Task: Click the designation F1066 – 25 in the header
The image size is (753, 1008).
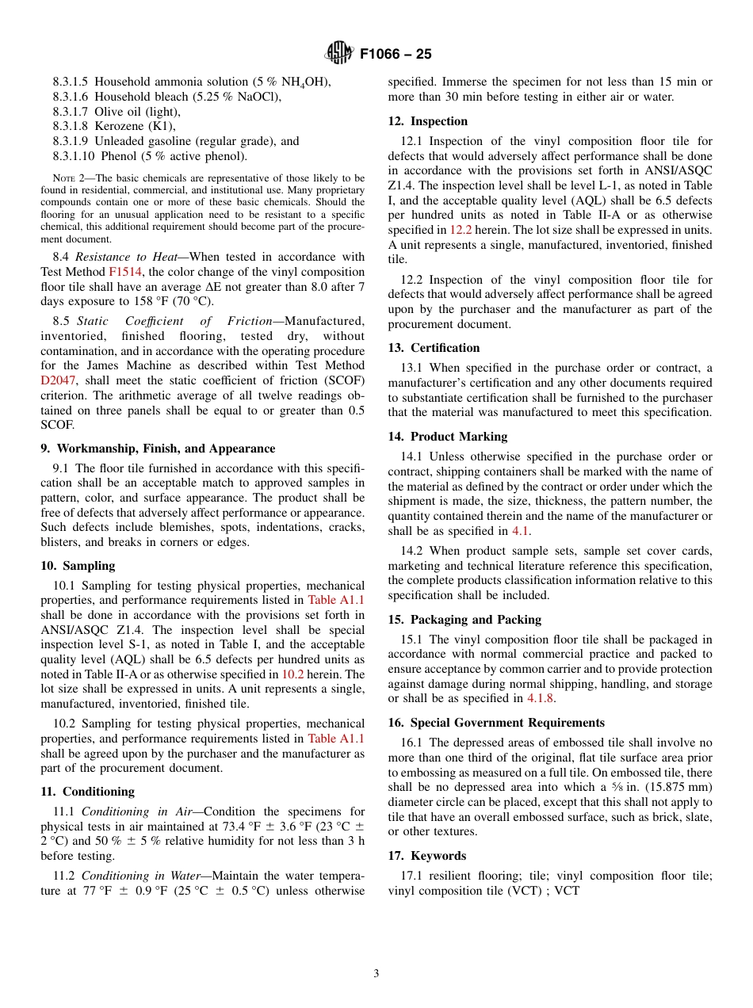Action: click(x=396, y=55)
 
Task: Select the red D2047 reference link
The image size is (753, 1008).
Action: click(x=58, y=380)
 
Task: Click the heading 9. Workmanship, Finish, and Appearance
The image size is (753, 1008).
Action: click(x=158, y=449)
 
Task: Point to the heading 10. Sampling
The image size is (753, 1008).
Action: click(x=78, y=566)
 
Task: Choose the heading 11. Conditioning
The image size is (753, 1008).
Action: click(x=87, y=792)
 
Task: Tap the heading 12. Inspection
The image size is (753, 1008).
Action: click(x=427, y=121)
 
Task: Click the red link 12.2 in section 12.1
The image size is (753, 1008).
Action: click(x=461, y=230)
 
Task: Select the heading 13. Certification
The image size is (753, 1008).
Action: click(x=434, y=348)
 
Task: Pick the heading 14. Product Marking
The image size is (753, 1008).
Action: click(x=447, y=437)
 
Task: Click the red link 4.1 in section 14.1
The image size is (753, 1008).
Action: click(x=519, y=531)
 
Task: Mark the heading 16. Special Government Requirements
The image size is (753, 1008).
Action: click(x=496, y=723)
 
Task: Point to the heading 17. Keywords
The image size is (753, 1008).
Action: click(x=426, y=856)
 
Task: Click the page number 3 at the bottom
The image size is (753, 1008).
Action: click(x=376, y=973)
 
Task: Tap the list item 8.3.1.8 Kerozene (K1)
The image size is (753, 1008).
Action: click(x=114, y=126)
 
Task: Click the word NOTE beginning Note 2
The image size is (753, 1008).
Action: click(x=63, y=178)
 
